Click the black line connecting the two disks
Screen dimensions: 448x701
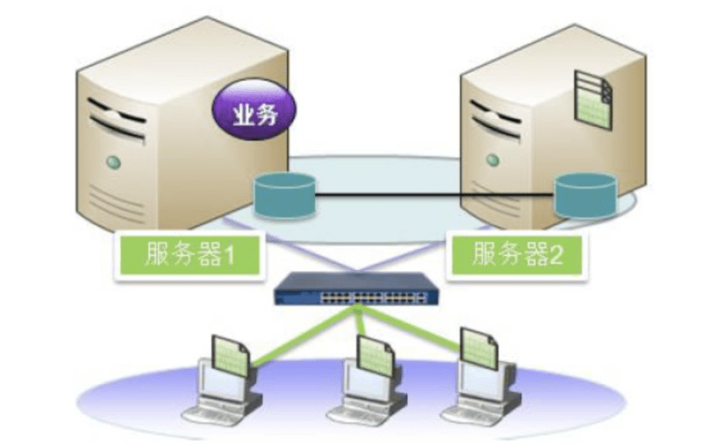click(434, 193)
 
